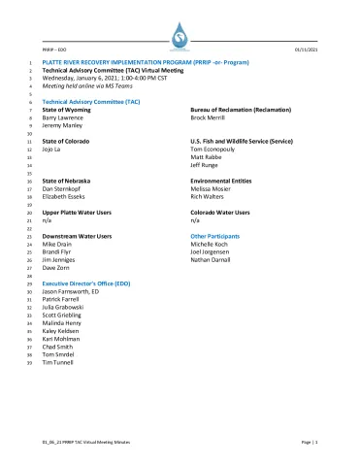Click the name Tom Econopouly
coord(215,150)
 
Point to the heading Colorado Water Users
coord(221,213)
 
